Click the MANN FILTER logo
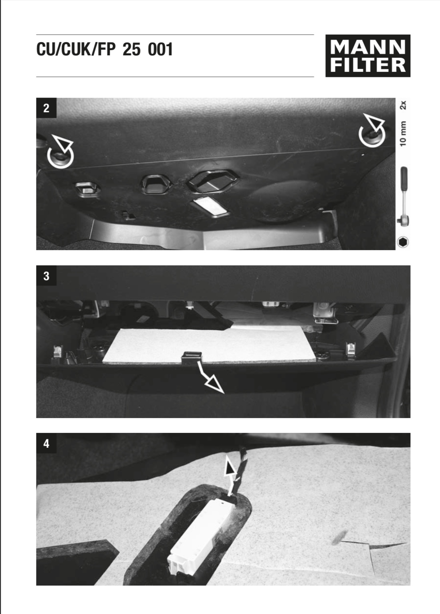pos(367,56)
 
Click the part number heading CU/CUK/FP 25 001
pos(105,49)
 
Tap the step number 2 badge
pos(46,108)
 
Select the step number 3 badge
pos(46,276)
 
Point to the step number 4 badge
pos(46,443)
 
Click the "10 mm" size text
pos(403,133)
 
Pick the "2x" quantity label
pos(403,105)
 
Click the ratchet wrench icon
pos(403,195)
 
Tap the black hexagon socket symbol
pos(403,242)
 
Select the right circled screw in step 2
pos(372,135)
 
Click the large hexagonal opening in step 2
pos(212,181)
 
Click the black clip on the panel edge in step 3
pos(192,357)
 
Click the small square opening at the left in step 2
pos(87,189)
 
